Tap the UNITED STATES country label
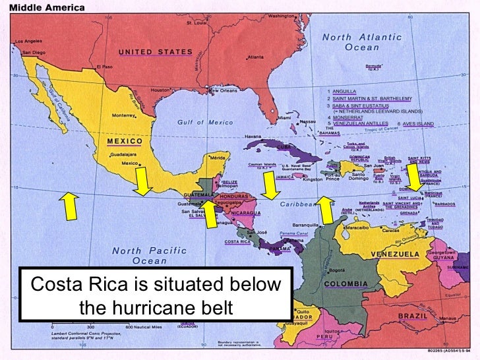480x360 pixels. [x=156, y=52]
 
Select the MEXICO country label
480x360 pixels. [x=125, y=141]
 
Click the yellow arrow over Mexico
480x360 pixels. [x=142, y=181]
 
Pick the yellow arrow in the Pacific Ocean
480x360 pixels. [x=67, y=206]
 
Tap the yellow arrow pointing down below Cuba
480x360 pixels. [x=269, y=185]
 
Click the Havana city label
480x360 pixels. [x=253, y=136]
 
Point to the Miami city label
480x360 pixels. [x=285, y=118]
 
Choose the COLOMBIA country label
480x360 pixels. [x=345, y=284]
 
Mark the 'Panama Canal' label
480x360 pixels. [x=293, y=233]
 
